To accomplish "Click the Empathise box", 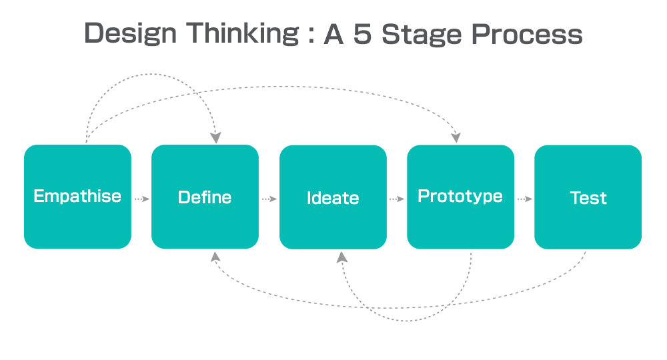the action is point(77,197).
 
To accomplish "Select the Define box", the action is point(205,197).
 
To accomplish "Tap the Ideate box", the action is point(333,197).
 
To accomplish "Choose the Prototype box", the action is point(461,197).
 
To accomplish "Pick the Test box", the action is point(588,197).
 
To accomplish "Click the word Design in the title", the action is point(130,34).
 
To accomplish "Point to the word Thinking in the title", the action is point(243,33).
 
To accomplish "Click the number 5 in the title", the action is point(362,34).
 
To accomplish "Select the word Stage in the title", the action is point(422,35).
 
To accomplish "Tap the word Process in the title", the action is point(527,34).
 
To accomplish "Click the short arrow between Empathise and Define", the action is point(141,199).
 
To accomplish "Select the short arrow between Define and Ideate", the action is point(269,199).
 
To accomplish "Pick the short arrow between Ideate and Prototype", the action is point(396,199).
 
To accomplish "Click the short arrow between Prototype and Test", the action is point(525,199).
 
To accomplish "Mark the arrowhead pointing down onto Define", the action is point(215,138).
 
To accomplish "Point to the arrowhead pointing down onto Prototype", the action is point(456,137).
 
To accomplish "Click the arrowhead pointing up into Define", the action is point(215,257).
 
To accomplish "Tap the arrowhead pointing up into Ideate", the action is point(342,257).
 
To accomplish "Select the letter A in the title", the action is point(333,34).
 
